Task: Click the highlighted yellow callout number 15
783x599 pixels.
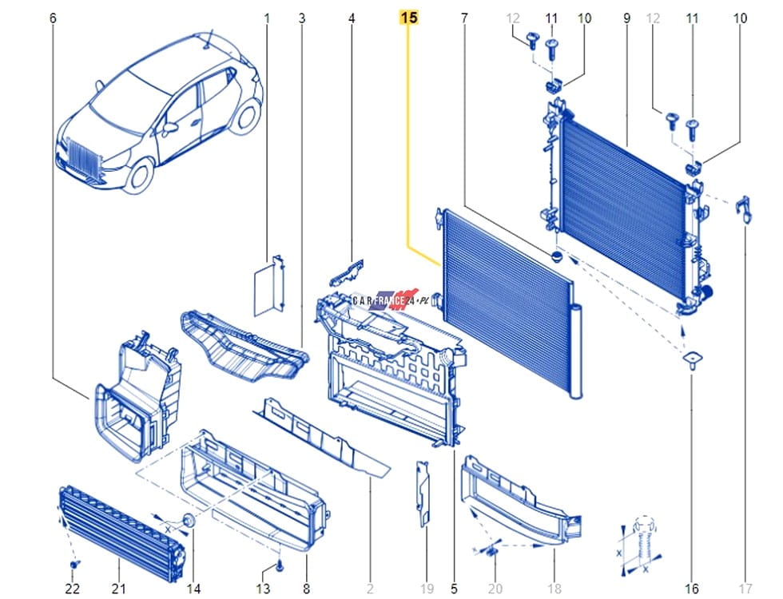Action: click(x=408, y=18)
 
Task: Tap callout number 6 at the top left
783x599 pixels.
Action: click(x=53, y=18)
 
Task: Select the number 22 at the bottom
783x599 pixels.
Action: click(x=73, y=589)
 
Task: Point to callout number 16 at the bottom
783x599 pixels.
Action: click(x=692, y=589)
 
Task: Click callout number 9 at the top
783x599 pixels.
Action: click(x=626, y=18)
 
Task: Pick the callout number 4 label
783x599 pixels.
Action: click(x=352, y=18)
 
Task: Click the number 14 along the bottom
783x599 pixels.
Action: click(x=193, y=589)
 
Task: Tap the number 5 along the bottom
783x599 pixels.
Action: click(x=454, y=589)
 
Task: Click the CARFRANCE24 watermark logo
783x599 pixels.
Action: click(x=385, y=300)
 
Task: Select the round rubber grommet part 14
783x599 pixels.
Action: click(x=189, y=520)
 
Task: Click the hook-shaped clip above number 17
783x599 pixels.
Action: click(x=744, y=208)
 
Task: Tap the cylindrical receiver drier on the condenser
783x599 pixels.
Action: click(x=576, y=351)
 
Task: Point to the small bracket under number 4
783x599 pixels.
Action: click(x=347, y=272)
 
